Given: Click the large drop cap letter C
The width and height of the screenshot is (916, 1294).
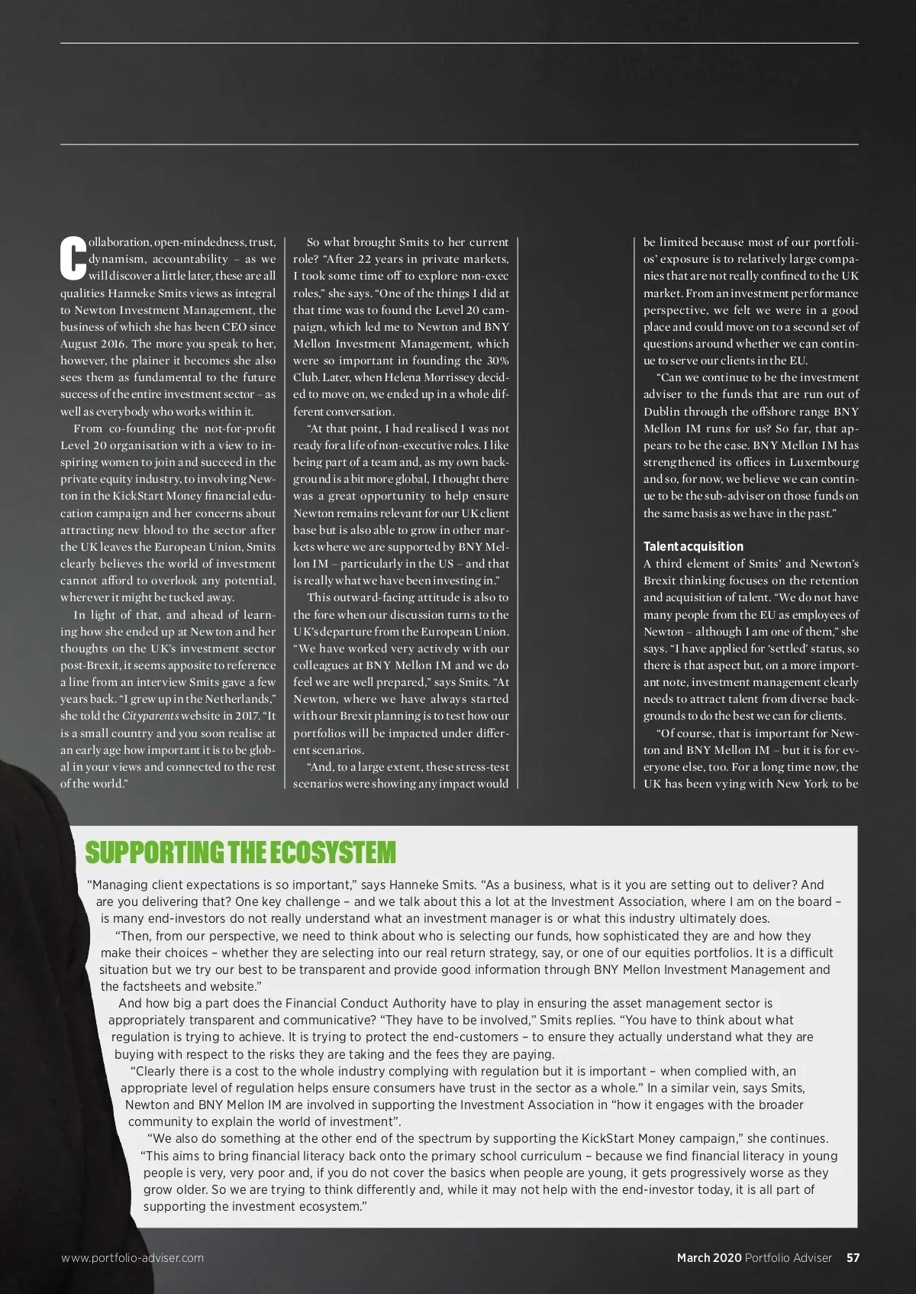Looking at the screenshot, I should (x=73, y=259).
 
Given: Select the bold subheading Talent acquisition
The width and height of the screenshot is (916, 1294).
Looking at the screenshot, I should (x=693, y=546).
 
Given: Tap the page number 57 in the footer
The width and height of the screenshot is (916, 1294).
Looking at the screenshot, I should (x=853, y=1257).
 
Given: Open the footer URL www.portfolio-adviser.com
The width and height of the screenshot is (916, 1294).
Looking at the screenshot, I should (x=133, y=1257).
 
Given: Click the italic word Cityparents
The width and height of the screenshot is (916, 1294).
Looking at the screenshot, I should (x=150, y=716).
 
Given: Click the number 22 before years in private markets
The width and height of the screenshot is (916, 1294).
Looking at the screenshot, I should (x=366, y=259).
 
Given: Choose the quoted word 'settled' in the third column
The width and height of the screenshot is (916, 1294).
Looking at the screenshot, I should (x=781, y=649).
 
